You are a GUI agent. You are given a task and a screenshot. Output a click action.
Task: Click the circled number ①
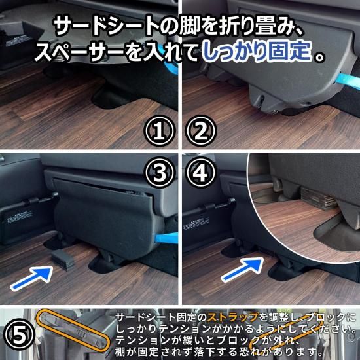tap(159, 131)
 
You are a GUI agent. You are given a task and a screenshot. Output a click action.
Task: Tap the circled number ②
tap(201, 131)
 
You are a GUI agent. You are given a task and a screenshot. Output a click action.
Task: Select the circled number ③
tap(159, 172)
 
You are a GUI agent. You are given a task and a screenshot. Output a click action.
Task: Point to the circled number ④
tap(201, 172)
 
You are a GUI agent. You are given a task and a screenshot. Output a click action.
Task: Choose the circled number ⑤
tap(19, 334)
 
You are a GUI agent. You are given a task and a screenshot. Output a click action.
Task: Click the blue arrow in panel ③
tap(31, 278)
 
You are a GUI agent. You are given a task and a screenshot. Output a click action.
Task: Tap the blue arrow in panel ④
tap(242, 270)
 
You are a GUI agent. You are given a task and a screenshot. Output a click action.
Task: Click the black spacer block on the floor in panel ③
tap(63, 260)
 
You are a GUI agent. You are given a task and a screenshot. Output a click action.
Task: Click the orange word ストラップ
tap(233, 317)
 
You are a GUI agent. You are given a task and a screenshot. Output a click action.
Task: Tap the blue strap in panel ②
tap(348, 81)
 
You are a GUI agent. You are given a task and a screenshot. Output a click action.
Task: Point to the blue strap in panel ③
tap(167, 238)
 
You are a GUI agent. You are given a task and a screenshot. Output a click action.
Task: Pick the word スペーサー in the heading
tap(79, 52)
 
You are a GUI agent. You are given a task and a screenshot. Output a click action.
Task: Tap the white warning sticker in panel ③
tap(20, 217)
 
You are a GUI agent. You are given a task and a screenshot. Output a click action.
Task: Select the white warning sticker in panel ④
tap(196, 223)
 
